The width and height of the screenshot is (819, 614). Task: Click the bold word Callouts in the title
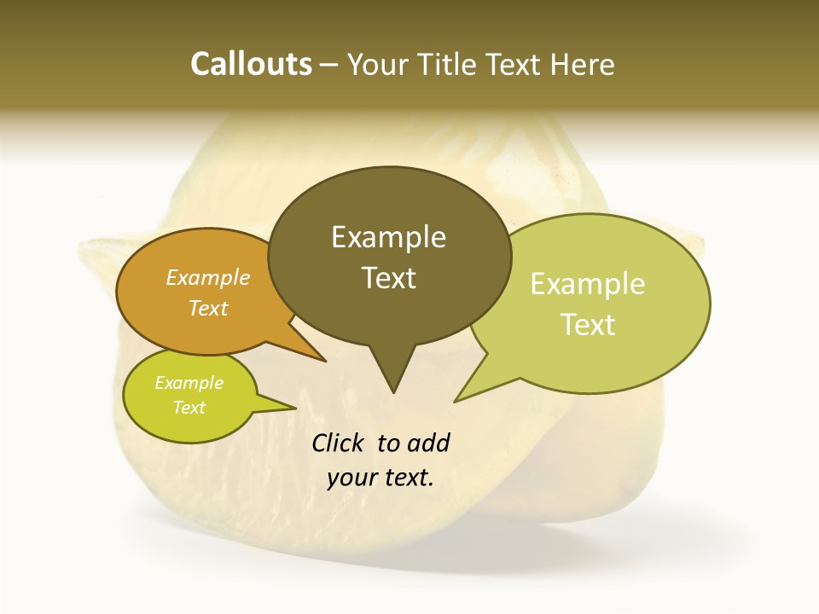pos(251,64)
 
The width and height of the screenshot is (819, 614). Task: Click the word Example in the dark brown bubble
pos(388,237)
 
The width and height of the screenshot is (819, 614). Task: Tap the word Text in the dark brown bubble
pos(388,278)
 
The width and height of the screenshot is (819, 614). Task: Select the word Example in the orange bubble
pos(208,277)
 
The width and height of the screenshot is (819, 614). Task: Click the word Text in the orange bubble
pos(208,308)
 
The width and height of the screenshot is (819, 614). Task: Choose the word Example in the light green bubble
pos(588,284)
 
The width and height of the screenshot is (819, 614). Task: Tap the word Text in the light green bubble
pos(588,325)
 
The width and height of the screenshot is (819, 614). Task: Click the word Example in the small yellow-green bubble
pos(189,383)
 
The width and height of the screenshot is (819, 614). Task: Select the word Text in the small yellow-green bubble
pos(189,408)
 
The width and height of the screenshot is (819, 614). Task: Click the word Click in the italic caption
pos(338,443)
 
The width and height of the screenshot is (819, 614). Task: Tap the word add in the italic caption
pos(427,443)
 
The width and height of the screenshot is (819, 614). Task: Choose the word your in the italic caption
pos(351,478)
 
